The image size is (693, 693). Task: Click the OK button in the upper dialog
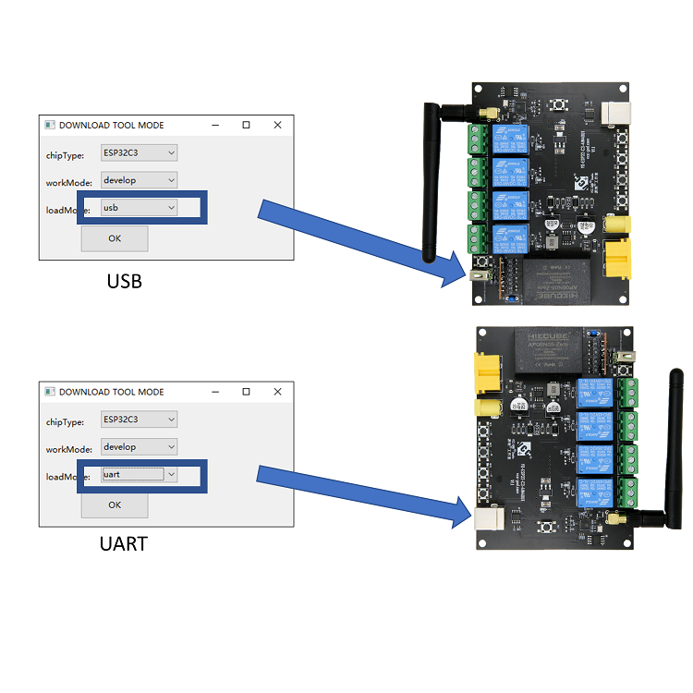click(x=115, y=238)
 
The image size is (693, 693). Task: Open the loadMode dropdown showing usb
click(x=139, y=208)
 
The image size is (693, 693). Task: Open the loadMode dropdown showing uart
click(x=139, y=474)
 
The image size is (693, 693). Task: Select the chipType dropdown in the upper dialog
click(x=139, y=152)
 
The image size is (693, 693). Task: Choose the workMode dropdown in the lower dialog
click(x=139, y=447)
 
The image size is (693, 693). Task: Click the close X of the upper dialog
click(x=277, y=125)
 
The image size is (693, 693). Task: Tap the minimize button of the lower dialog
click(x=215, y=392)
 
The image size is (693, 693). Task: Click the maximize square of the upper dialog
click(x=246, y=125)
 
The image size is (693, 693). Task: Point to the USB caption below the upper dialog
click(x=125, y=281)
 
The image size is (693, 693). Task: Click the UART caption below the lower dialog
click(x=124, y=543)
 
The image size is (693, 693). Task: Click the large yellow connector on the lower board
click(x=486, y=372)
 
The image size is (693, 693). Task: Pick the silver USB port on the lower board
click(x=487, y=517)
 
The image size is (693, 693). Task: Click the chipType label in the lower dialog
click(x=66, y=421)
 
